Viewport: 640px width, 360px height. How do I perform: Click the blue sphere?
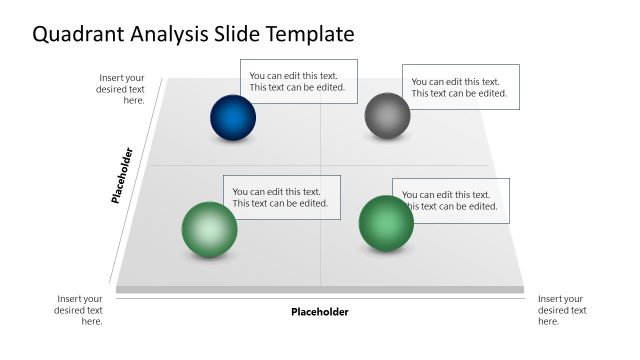[x=233, y=117]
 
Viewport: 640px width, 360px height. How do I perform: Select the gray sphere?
[x=387, y=115]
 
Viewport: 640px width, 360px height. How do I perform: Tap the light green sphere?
[x=209, y=229]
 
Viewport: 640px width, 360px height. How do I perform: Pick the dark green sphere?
[x=386, y=223]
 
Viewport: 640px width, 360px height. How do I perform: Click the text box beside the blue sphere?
[x=298, y=81]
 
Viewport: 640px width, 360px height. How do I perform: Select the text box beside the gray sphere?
[x=461, y=87]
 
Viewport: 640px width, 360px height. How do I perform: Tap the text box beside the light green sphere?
[x=282, y=197]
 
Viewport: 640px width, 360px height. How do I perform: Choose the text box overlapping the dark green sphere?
[x=451, y=200]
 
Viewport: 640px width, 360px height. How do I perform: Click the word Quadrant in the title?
[x=79, y=35]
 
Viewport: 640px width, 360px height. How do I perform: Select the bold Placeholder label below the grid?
[x=320, y=312]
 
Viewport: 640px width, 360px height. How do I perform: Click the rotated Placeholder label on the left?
[x=122, y=177]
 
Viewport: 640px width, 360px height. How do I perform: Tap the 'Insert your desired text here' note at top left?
[x=121, y=89]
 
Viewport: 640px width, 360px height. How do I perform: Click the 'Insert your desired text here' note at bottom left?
[x=79, y=310]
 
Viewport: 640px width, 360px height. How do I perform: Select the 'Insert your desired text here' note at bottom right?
[x=562, y=310]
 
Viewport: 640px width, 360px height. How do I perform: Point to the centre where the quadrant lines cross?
[x=320, y=165]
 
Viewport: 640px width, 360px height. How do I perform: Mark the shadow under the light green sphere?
[x=209, y=260]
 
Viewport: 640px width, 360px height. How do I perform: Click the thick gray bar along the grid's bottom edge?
[x=320, y=290]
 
